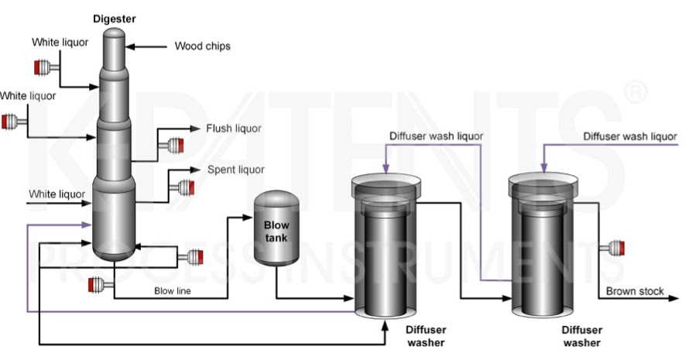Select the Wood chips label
[x=202, y=46]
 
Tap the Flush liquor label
[x=233, y=129]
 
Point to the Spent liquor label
[x=235, y=170]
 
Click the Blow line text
[x=172, y=292]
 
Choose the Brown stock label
[x=635, y=291]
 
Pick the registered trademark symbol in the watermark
[x=635, y=93]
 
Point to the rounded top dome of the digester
[x=114, y=34]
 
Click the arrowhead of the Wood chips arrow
[x=130, y=47]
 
